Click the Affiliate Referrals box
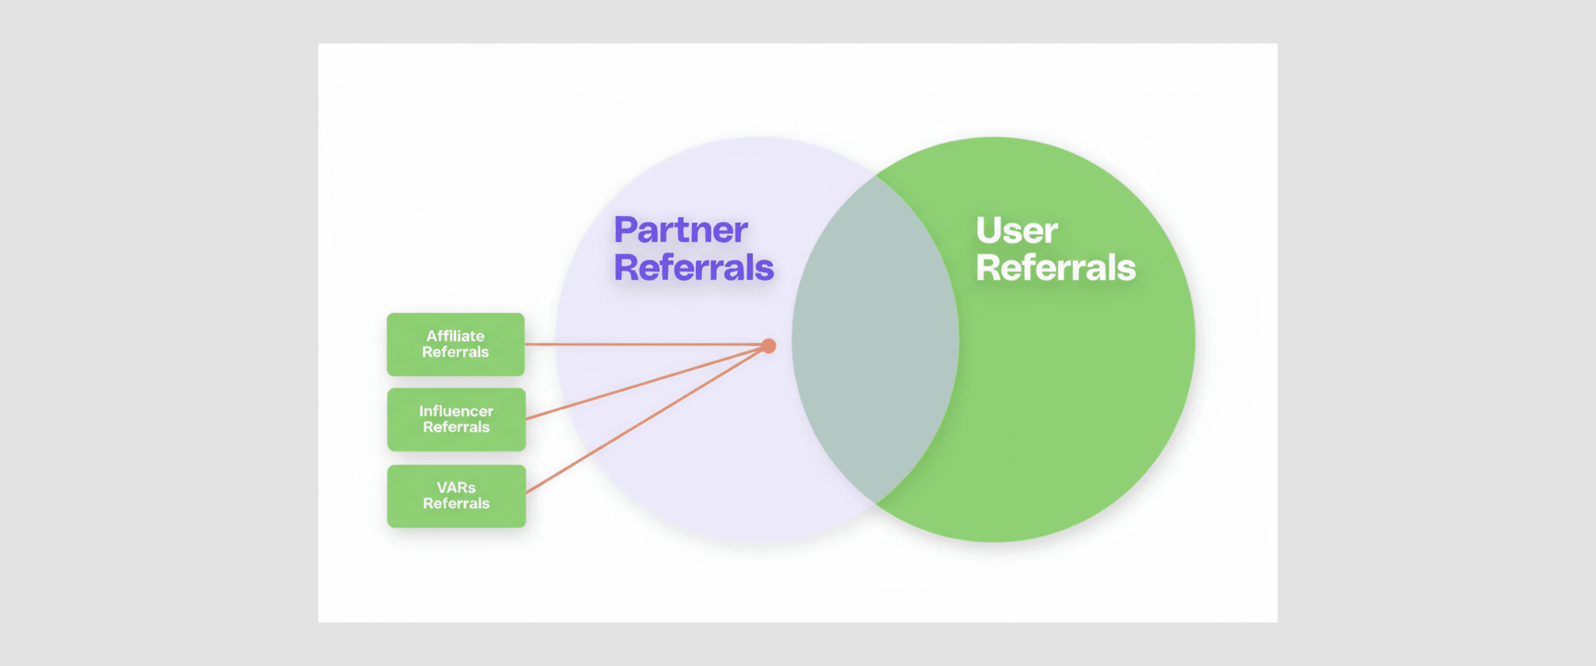pyautogui.click(x=456, y=344)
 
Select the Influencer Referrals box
pyautogui.click(x=456, y=419)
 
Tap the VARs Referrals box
pyautogui.click(x=456, y=496)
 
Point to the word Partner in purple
pyautogui.click(x=680, y=230)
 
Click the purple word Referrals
pyautogui.click(x=693, y=268)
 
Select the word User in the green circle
pyautogui.click(x=1017, y=230)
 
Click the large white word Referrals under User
pyautogui.click(x=1056, y=268)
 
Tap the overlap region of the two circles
pyautogui.click(x=875, y=340)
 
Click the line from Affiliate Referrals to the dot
pyautogui.click(x=644, y=344)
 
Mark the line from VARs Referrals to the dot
pyautogui.click(x=644, y=421)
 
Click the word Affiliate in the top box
pyautogui.click(x=456, y=336)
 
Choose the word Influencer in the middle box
pyautogui.click(x=456, y=411)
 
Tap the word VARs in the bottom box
pyautogui.click(x=456, y=488)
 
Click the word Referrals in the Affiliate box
pyautogui.click(x=456, y=352)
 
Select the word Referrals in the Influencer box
pyautogui.click(x=456, y=427)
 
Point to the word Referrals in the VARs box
pyautogui.click(x=456, y=503)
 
